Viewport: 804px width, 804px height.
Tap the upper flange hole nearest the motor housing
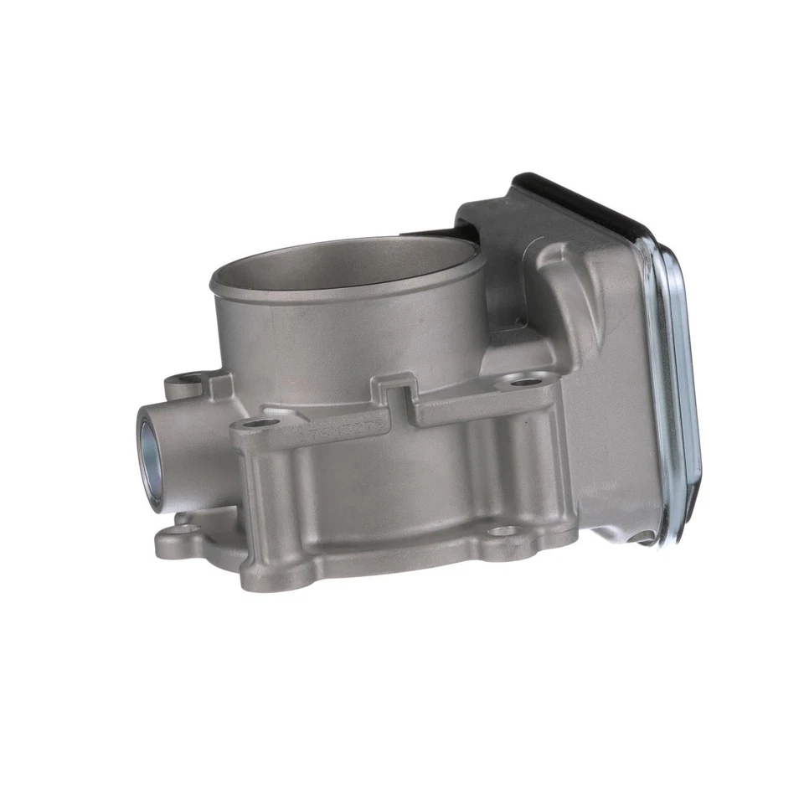[x=524, y=383]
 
